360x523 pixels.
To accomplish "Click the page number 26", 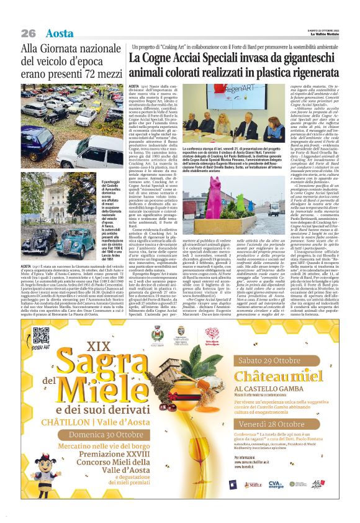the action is click(28, 33).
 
